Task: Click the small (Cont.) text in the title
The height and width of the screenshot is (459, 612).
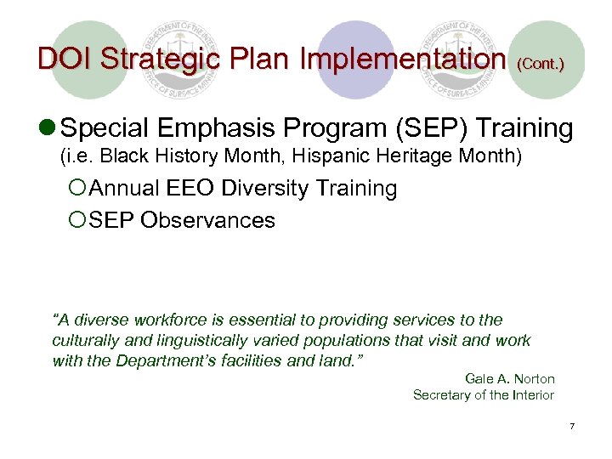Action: click(540, 64)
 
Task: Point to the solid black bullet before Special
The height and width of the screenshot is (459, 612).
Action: click(49, 129)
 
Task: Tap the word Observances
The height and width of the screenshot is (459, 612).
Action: click(207, 220)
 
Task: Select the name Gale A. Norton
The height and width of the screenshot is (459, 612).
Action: click(509, 379)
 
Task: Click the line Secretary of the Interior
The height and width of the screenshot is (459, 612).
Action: click(483, 394)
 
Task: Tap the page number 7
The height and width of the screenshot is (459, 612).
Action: click(572, 425)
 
